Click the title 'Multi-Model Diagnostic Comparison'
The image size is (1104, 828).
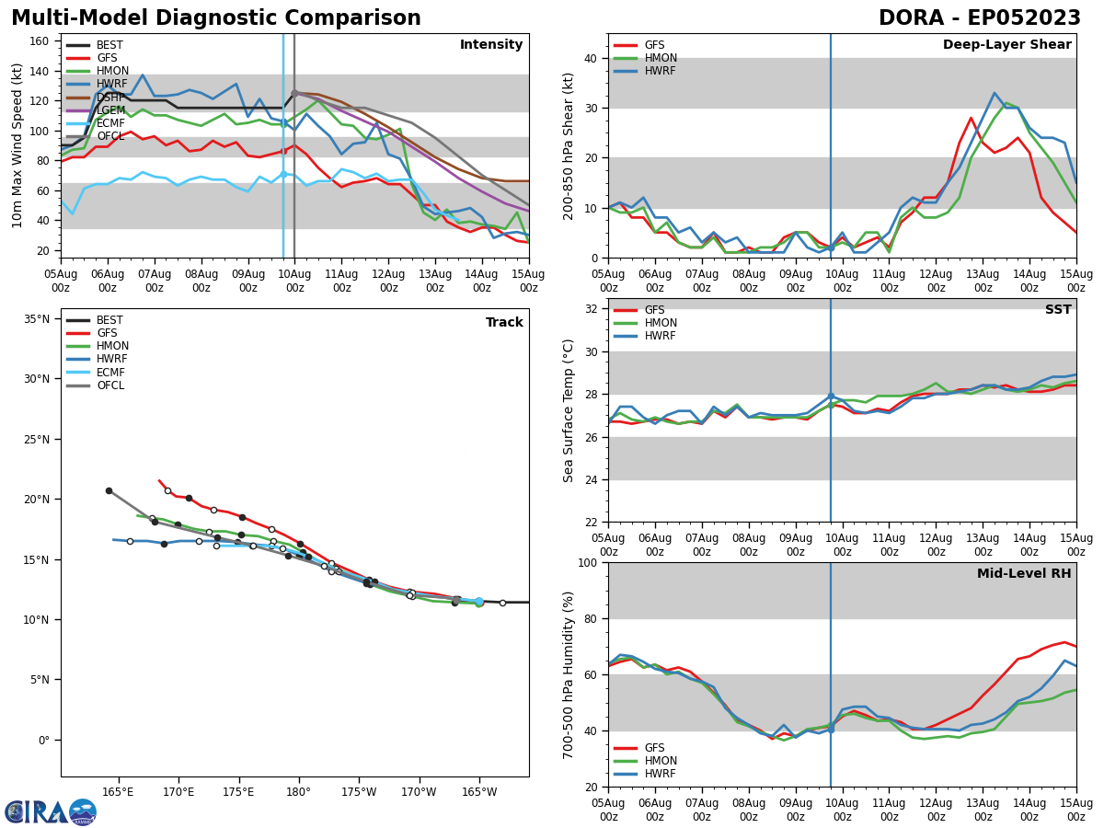point(215,18)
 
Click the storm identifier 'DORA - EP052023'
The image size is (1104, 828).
point(979,18)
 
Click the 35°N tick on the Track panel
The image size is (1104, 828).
point(37,319)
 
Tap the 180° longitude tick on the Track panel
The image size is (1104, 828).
point(298,792)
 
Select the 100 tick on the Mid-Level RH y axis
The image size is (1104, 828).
point(585,562)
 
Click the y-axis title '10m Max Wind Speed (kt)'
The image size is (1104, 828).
point(17,145)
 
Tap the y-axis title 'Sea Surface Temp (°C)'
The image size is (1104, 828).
point(569,410)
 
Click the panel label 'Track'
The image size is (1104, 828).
point(504,323)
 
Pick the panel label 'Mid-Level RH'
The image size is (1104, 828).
point(1024,574)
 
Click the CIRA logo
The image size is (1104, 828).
point(51,811)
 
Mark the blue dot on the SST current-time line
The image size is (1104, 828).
point(831,397)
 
